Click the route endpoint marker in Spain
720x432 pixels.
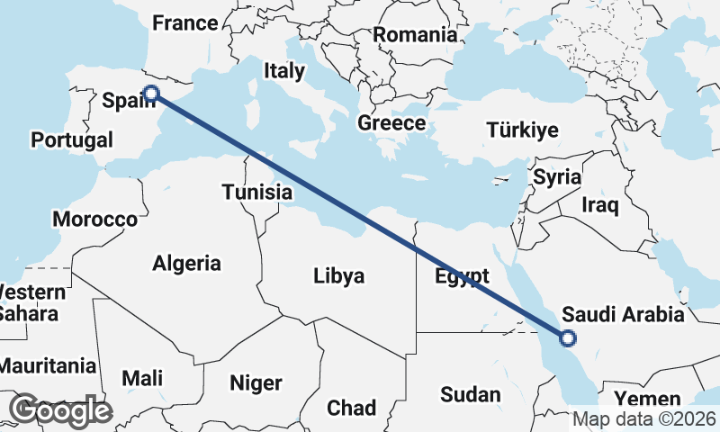(151, 93)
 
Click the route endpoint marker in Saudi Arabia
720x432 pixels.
(567, 338)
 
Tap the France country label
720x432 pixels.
(184, 23)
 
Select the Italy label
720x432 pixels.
(283, 70)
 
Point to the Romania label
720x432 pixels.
(415, 35)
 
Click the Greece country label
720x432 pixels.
(391, 123)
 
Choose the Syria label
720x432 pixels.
(557, 177)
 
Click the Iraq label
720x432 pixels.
(600, 206)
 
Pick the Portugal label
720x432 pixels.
(72, 140)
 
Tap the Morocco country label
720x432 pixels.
(94, 220)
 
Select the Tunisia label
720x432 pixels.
(257, 192)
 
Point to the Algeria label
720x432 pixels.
(186, 264)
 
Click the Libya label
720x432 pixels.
(339, 275)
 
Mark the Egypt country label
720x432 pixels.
(462, 275)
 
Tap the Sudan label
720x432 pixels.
(470, 394)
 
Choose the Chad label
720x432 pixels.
(351, 408)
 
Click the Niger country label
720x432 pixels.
(256, 383)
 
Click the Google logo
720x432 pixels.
(59, 410)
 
